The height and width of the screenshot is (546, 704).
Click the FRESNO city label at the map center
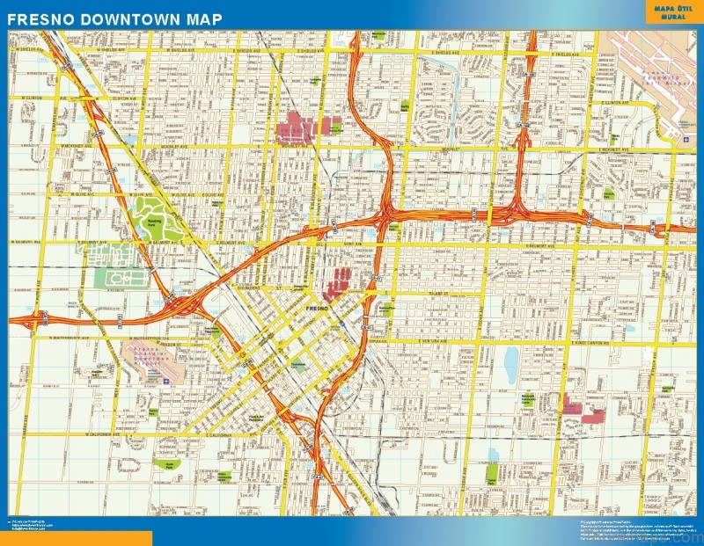pyautogui.click(x=317, y=310)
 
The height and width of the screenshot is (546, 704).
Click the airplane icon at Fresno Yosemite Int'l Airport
pyautogui.click(x=685, y=139)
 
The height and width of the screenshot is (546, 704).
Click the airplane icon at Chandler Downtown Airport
pyautogui.click(x=164, y=381)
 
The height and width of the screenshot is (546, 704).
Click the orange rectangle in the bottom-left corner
pyautogui.click(x=76, y=537)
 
